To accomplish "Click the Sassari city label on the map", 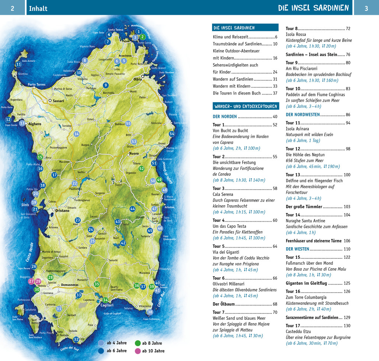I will pos(58,101).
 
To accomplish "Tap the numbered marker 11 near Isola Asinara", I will pos(19,64).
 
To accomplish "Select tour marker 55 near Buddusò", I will pos(128,123).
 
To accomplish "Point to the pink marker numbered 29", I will pos(38,281).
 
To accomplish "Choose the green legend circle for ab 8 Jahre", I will pos(138,343).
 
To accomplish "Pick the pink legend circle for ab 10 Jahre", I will pos(138,351).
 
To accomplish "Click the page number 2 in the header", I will pos(12,8).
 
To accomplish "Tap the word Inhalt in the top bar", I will pos(38,8).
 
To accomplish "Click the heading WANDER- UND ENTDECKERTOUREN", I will pos(246,106).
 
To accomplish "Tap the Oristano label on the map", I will pos(62,211).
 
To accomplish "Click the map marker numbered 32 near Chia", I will pos(76,339).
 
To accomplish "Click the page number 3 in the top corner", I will pos(366,8).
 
